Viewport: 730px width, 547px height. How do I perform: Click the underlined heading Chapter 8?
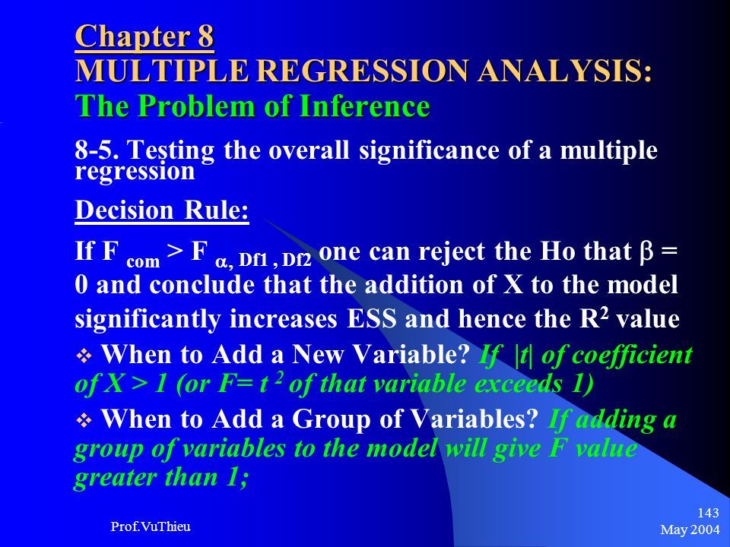[x=144, y=36]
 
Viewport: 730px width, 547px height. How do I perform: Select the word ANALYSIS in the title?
[x=564, y=71]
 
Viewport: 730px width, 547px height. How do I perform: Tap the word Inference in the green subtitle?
[x=364, y=106]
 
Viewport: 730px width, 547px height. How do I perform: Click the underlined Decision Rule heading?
[x=161, y=210]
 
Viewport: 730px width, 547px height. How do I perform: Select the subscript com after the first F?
[x=143, y=261]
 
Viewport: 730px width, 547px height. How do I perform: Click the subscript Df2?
[x=297, y=261]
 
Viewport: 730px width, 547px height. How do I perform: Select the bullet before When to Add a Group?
[x=84, y=421]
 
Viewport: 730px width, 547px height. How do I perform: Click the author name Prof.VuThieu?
[x=151, y=526]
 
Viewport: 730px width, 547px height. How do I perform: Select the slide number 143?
[x=708, y=513]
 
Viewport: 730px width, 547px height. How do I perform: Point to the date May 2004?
[x=690, y=530]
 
